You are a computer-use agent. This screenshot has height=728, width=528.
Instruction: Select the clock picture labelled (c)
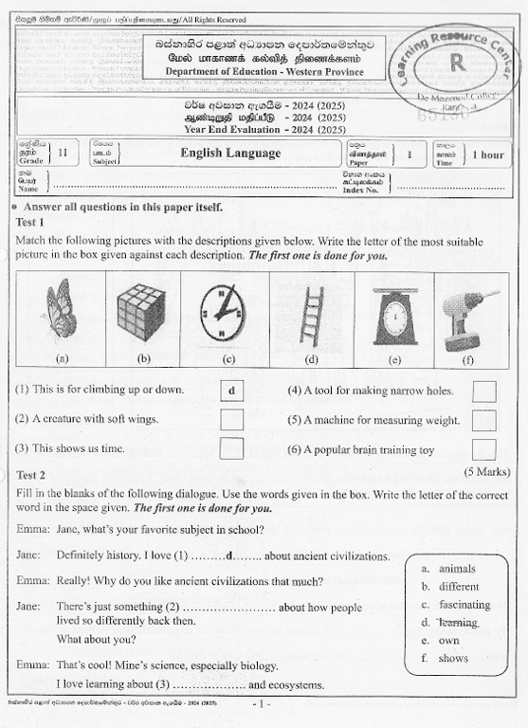point(223,312)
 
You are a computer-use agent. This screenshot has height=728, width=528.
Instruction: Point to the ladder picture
point(311,314)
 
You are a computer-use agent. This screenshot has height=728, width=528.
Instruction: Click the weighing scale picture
point(393,316)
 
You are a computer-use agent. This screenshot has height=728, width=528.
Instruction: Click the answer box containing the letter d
point(231,391)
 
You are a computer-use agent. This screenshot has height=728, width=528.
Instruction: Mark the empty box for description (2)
point(231,419)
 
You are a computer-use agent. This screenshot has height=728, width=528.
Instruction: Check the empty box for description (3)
point(231,447)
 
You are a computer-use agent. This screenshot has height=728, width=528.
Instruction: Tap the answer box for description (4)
point(483,391)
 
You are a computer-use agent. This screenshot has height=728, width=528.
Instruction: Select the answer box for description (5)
point(483,420)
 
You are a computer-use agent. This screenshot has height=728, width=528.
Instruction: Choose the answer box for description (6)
point(483,449)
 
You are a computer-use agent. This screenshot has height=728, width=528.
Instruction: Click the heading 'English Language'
point(230,153)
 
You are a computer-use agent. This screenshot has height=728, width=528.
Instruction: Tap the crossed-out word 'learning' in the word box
point(458,623)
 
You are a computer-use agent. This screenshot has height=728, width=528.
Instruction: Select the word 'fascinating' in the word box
point(464,605)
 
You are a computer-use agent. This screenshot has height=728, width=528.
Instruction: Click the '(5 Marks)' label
point(487,471)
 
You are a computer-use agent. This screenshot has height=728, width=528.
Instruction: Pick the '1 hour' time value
point(487,155)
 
